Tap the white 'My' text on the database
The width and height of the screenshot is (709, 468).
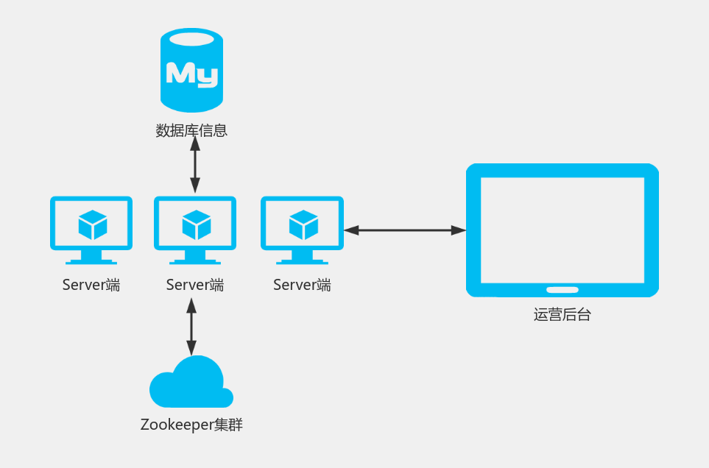coord(191,74)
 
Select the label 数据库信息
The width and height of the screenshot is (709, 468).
coord(191,131)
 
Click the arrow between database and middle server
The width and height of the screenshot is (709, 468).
coord(195,165)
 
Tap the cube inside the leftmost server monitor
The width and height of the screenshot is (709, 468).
coord(93,224)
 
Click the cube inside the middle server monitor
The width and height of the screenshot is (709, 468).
coord(197,224)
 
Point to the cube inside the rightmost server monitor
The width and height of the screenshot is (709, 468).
coord(303,224)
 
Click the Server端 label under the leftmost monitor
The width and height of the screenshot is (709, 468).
coord(91,286)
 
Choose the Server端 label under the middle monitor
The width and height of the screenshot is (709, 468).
coord(195,286)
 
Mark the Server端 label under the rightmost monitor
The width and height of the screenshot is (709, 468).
coord(302,286)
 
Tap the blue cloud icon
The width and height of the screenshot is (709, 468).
coord(191,385)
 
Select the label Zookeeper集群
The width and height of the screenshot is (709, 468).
coord(191,425)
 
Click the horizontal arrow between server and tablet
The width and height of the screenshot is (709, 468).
coord(405,230)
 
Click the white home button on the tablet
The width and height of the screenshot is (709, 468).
coord(562,289)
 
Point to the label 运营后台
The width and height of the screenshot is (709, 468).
coord(562,315)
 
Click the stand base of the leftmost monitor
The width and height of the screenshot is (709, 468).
coord(91,260)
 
